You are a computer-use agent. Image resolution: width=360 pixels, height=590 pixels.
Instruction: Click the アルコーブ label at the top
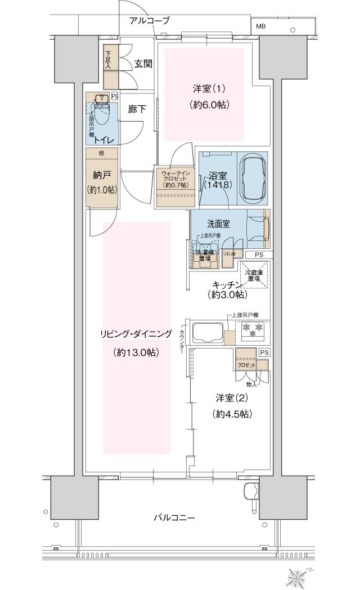[149, 21]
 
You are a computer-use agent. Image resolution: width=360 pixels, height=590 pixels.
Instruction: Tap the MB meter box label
[262, 26]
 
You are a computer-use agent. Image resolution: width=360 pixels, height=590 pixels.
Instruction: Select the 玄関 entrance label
[143, 64]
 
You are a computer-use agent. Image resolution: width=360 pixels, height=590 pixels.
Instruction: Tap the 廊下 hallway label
[137, 109]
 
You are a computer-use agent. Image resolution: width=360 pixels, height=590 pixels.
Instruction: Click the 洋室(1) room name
[209, 88]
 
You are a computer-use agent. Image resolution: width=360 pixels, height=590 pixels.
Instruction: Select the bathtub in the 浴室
[252, 175]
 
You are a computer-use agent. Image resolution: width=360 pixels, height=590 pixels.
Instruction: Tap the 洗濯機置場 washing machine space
[205, 256]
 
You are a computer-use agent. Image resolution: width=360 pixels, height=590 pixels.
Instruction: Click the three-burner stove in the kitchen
[253, 329]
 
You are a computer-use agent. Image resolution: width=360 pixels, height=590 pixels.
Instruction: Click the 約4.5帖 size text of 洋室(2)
[232, 414]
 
